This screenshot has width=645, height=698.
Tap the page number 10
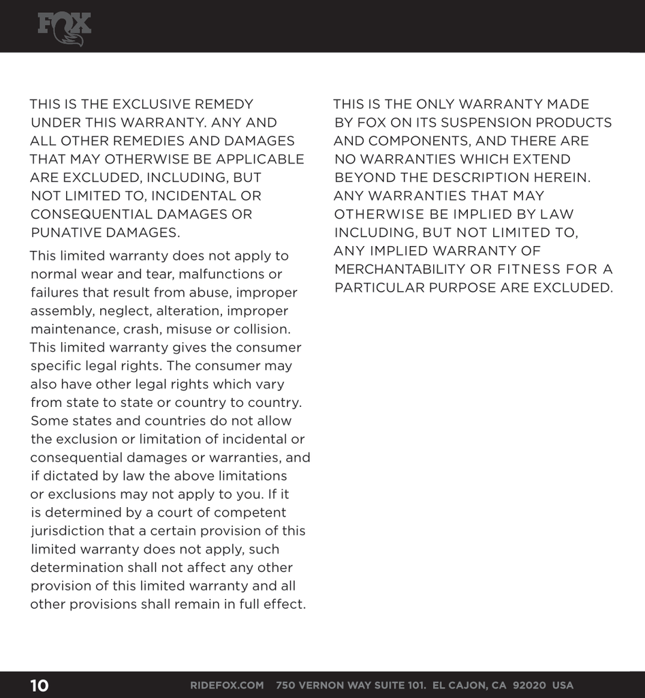(39, 685)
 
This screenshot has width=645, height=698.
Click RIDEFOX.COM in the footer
(227, 685)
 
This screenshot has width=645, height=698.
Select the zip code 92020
(529, 685)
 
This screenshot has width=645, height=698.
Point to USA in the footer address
(563, 685)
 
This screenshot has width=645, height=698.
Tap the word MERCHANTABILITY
(397, 269)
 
